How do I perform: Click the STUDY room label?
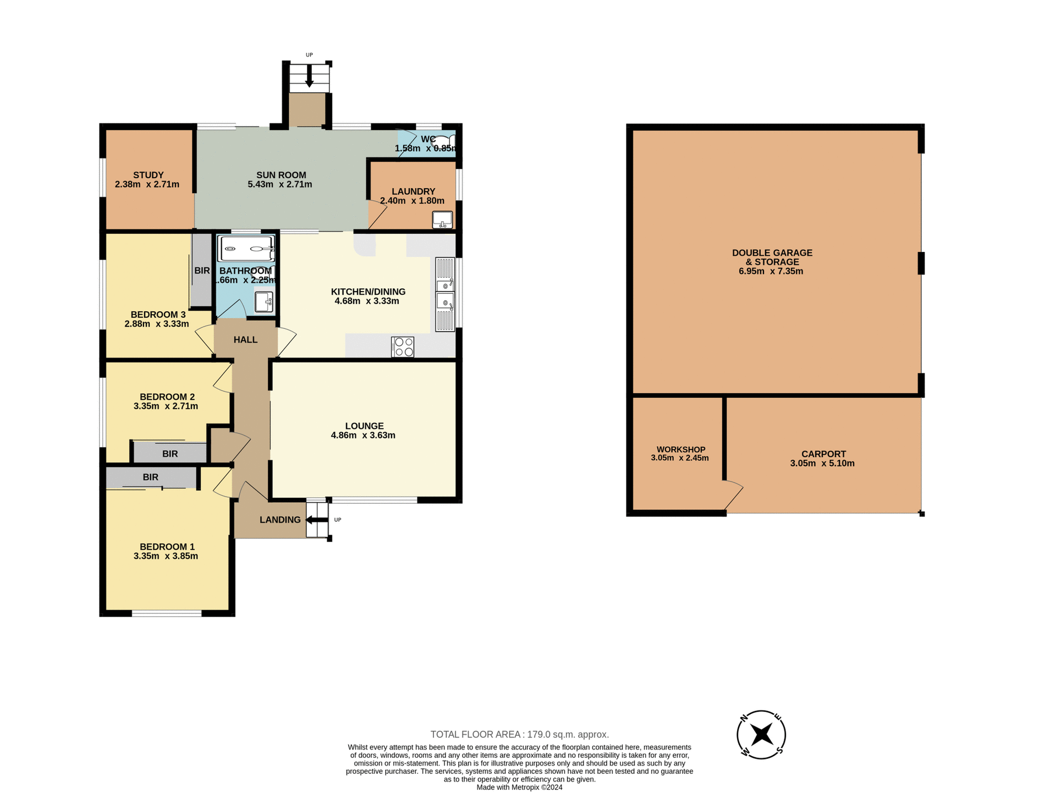coord(148,175)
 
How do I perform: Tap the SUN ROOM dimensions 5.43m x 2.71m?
coord(279,185)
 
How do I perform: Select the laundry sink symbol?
coord(442,219)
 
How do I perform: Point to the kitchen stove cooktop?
coord(403,347)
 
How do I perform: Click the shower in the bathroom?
coord(246,249)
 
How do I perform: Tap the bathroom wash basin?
coord(264,302)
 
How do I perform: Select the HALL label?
coord(245,340)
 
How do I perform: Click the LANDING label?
coord(280,520)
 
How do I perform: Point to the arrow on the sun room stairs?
coord(309,76)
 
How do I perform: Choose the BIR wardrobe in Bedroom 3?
coord(202,271)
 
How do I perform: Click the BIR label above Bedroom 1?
coord(151,477)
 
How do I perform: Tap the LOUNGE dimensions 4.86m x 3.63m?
coord(363,436)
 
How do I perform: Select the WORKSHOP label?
coord(680,449)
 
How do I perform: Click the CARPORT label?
coord(823,454)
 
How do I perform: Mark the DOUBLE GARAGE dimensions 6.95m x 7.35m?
coord(771,271)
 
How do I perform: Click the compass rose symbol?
coord(761,734)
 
